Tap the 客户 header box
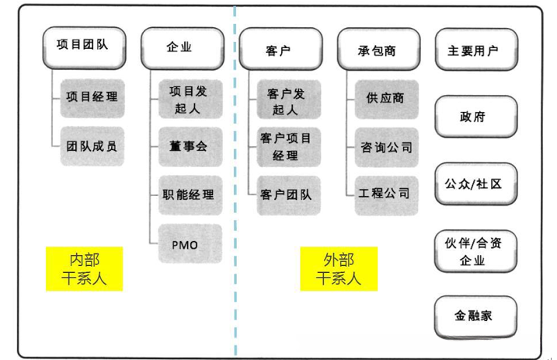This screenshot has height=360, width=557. click(280, 50)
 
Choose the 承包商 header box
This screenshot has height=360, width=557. click(378, 50)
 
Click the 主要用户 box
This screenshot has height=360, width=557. click(475, 50)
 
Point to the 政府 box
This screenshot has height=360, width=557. click(475, 117)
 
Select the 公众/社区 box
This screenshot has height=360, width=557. click(475, 184)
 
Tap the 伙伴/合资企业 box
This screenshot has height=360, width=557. click(475, 251)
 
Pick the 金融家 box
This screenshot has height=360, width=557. click(475, 316)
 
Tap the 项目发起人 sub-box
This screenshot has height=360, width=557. click(190, 99)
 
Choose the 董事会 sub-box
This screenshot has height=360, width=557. click(190, 145)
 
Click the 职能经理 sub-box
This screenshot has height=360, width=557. click(190, 194)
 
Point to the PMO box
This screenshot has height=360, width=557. click(190, 243)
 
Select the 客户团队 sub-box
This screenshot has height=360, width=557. click(288, 194)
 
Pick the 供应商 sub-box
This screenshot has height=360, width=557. click(386, 99)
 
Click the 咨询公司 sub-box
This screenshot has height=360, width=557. click(386, 147)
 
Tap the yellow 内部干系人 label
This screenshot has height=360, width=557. click(85, 268)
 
